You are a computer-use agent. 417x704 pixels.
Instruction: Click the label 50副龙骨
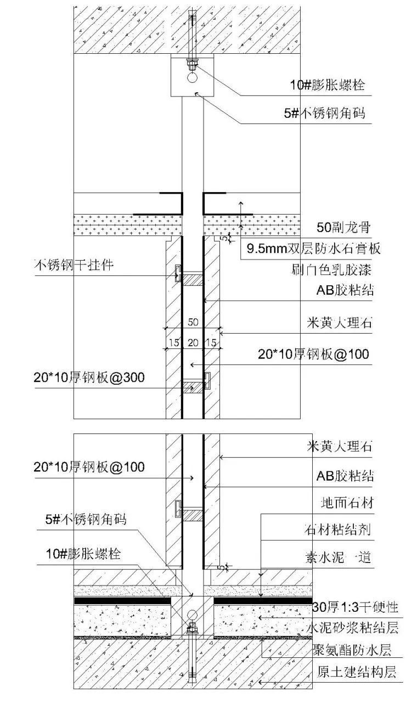[343, 227]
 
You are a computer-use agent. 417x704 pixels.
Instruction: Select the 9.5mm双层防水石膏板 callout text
[314, 248]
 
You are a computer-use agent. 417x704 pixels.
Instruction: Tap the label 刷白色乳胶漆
[331, 269]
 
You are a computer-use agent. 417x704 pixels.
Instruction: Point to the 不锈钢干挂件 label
[74, 265]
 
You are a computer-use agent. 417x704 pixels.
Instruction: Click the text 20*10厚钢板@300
[89, 377]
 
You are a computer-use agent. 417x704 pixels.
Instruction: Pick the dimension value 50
[193, 322]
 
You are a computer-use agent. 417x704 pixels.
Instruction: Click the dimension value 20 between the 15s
[193, 342]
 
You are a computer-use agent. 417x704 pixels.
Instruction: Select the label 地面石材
[347, 503]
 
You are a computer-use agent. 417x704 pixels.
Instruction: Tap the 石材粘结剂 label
[338, 530]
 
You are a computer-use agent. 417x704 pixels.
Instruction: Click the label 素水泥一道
[338, 557]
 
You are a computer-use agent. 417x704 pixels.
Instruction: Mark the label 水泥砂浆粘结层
[352, 628]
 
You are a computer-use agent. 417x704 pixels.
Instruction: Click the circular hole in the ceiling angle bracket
[193, 77]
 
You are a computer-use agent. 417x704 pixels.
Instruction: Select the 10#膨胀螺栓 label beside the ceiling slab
[327, 85]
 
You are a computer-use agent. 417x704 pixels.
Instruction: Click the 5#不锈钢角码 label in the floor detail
[86, 519]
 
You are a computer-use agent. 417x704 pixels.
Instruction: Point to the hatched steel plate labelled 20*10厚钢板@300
[193, 387]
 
